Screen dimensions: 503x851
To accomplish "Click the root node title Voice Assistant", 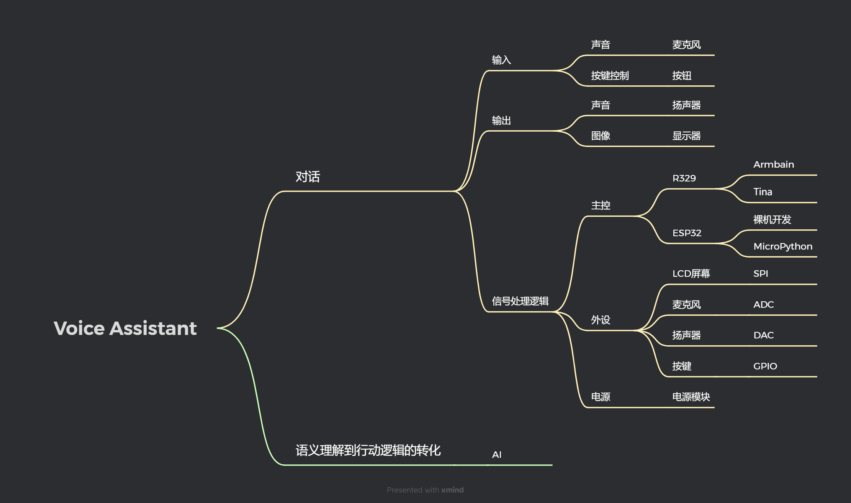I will point(125,328).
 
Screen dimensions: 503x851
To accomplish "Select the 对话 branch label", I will point(308,177).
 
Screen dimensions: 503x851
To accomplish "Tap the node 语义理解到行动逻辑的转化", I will point(368,451).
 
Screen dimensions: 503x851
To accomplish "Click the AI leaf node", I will point(496,455).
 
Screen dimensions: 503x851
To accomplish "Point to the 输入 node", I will point(501,60).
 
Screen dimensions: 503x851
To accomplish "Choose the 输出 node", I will point(501,121).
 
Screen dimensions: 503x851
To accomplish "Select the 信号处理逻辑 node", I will point(520,301).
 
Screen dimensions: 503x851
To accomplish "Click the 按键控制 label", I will point(610,76).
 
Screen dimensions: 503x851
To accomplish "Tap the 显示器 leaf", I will point(686,136).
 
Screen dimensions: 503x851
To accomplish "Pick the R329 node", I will point(684,178).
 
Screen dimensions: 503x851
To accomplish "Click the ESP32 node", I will point(687,233).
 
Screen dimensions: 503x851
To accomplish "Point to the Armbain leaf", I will point(774,165).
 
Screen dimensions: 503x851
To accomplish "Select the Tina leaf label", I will point(763,192).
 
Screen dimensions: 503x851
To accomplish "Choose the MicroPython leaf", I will point(783,247).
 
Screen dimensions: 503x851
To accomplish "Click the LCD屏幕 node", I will point(691,274).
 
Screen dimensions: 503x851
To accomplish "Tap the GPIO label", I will point(765,366).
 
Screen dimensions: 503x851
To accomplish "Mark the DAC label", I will point(763,335).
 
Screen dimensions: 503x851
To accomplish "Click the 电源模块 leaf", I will point(691,397).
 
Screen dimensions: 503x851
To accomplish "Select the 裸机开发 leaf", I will point(772,220).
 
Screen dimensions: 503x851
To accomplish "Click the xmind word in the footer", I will point(452,490).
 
